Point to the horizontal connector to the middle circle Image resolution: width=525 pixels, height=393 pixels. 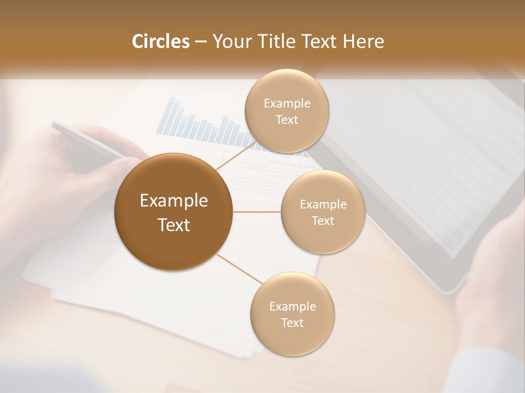pyautogui.click(x=256, y=212)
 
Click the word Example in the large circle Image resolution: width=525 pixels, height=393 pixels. pyautogui.click(x=173, y=201)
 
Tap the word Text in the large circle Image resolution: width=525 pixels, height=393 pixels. pyautogui.click(x=173, y=225)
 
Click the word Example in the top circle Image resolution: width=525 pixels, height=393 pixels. pyautogui.click(x=287, y=103)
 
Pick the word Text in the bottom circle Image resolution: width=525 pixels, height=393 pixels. pyautogui.click(x=292, y=323)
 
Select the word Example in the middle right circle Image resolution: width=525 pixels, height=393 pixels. pyautogui.click(x=323, y=205)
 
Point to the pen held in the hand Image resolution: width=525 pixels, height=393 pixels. pyautogui.click(x=82, y=139)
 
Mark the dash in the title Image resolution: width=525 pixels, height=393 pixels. pyautogui.click(x=200, y=42)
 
